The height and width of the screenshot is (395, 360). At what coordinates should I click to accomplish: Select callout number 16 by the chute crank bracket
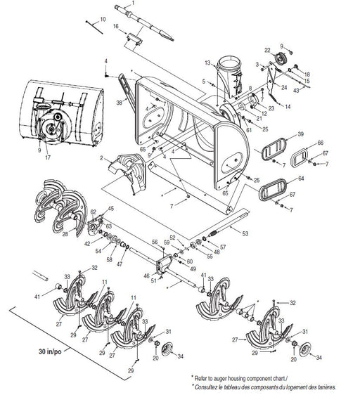pyautogui.click(x=115, y=27)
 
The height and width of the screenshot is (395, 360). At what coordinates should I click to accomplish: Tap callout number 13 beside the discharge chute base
pyautogui.click(x=207, y=63)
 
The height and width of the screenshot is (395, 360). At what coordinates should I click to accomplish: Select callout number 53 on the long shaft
pyautogui.click(x=244, y=232)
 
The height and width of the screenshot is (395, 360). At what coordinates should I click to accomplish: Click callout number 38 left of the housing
pyautogui.click(x=120, y=101)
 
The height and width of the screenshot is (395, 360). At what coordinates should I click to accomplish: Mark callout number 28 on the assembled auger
pyautogui.click(x=64, y=235)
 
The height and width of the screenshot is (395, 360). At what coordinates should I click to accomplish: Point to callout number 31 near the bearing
pyautogui.click(x=167, y=332)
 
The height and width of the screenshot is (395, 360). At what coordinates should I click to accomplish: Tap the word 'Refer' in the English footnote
pyautogui.click(x=205, y=378)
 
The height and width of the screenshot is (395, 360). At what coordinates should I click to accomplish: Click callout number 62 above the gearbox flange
pyautogui.click(x=94, y=212)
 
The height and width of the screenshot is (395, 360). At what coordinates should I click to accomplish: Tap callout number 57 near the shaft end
pyautogui.click(x=223, y=248)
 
